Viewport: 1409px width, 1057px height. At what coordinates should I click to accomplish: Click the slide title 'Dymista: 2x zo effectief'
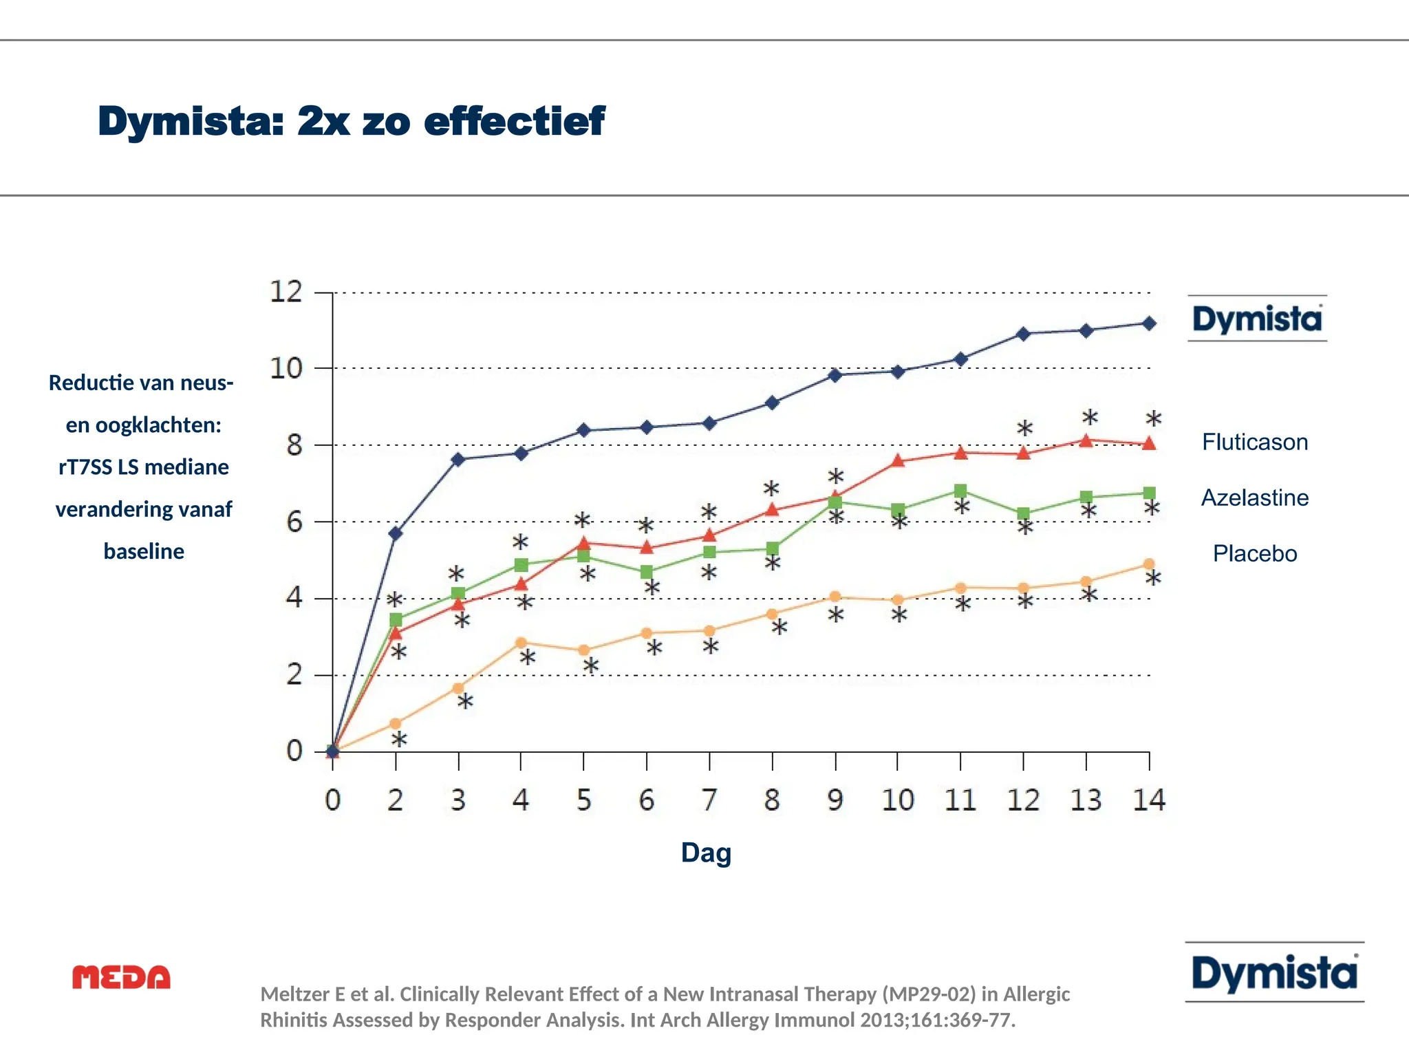pos(351,122)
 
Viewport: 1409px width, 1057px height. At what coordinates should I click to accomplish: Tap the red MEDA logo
pos(121,977)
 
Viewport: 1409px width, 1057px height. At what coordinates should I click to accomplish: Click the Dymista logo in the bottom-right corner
pos(1274,973)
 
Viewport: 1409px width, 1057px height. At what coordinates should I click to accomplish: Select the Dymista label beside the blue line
pos(1257,319)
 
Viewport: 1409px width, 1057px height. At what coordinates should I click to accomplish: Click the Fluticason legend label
pos(1255,442)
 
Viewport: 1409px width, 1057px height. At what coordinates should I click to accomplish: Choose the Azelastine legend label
pos(1255,498)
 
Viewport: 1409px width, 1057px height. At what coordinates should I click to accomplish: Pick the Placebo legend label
pos(1255,553)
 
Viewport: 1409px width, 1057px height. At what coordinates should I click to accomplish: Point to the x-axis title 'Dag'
pos(706,853)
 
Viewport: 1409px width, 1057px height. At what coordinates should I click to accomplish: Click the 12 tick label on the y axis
pos(286,292)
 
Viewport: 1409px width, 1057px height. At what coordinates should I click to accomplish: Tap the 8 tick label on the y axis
pos(294,445)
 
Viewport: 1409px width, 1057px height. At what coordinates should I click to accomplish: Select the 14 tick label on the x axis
pos(1149,800)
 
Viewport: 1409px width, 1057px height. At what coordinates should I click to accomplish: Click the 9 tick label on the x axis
pos(835,800)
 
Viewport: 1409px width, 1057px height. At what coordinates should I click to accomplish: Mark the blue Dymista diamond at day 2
pos(396,533)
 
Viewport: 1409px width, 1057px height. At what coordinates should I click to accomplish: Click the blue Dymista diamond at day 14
pos(1149,323)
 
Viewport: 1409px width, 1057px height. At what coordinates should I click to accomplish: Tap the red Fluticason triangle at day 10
pos(898,461)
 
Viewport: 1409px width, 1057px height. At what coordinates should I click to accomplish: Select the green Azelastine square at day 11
pos(960,491)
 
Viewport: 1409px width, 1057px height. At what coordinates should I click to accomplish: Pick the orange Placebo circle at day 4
pos(521,643)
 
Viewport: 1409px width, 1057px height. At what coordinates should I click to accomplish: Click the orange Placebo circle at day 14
pos(1149,564)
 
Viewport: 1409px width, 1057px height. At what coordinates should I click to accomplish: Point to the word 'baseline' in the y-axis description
pos(144,551)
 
